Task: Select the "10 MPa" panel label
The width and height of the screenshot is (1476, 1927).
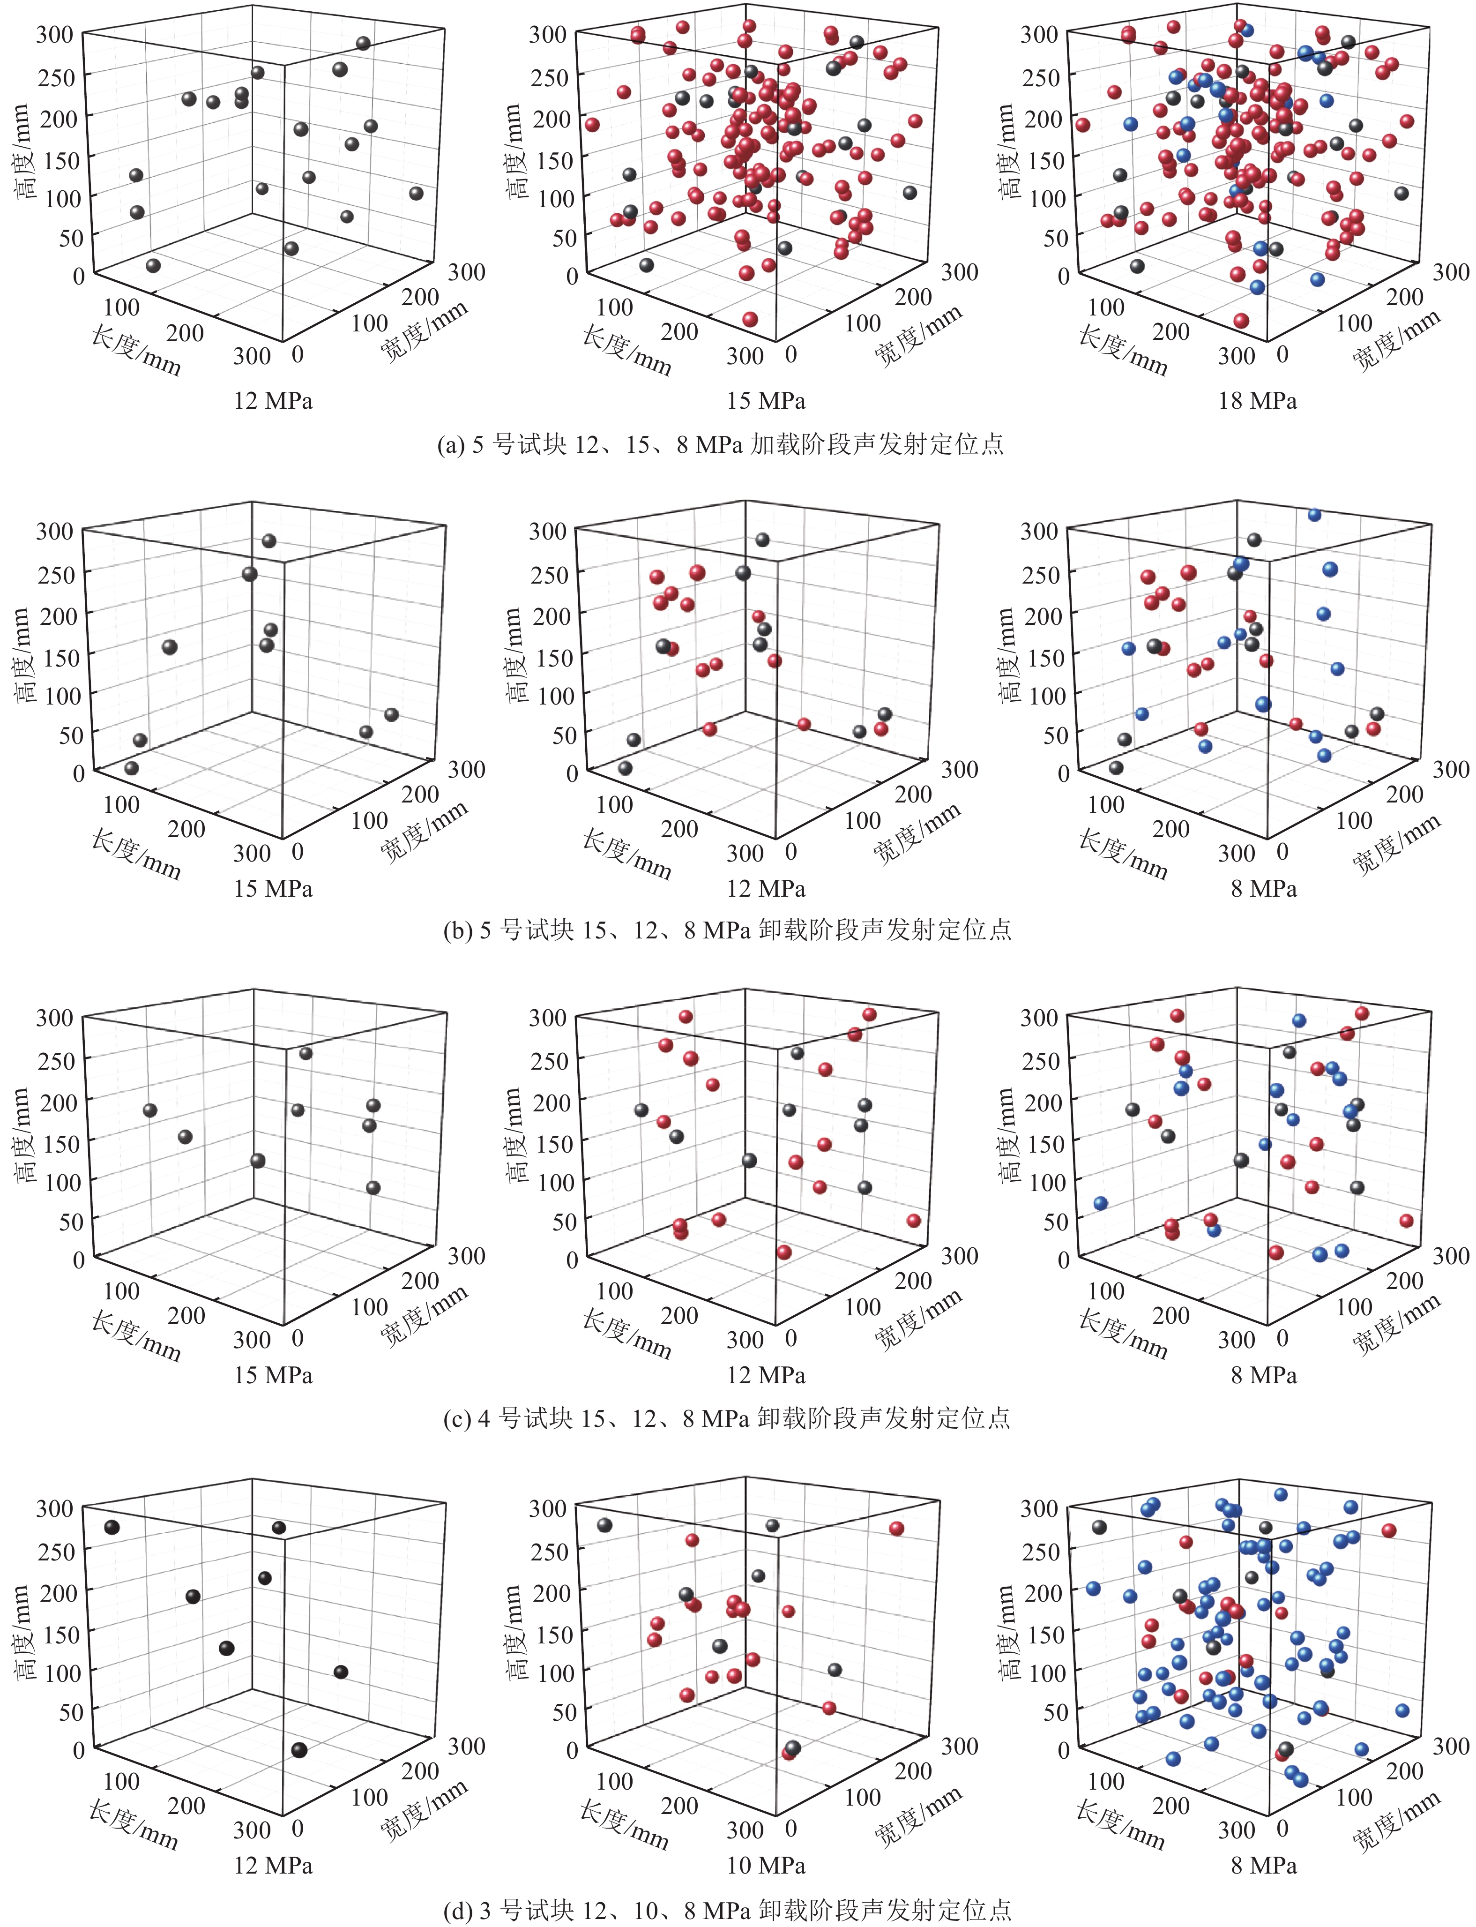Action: [x=765, y=1865]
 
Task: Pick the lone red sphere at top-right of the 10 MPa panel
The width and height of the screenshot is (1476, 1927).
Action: [x=896, y=1528]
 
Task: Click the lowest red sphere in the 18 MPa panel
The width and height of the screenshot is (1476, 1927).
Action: [x=1241, y=321]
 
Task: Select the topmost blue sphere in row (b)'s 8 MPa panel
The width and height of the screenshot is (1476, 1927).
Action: [x=1314, y=515]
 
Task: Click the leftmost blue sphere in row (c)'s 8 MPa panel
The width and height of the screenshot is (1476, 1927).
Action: [x=1100, y=1203]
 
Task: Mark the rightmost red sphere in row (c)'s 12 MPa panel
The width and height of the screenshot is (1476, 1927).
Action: [x=914, y=1221]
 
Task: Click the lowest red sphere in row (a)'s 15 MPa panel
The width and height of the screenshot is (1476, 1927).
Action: [x=749, y=319]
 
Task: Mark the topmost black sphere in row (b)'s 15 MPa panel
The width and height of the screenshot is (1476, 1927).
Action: [x=269, y=540]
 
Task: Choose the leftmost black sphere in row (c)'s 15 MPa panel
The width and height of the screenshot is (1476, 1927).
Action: [x=149, y=1110]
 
